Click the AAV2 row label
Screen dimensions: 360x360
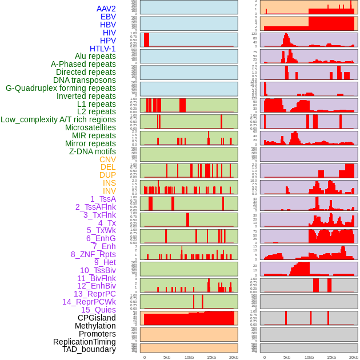[106, 9]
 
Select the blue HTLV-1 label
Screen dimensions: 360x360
[102, 49]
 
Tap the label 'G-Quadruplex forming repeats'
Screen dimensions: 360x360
[61, 88]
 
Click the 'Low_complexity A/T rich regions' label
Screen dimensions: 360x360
[58, 119]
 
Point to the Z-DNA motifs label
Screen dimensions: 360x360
[92, 151]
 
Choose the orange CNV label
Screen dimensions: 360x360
[107, 159]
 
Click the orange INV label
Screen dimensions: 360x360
[109, 191]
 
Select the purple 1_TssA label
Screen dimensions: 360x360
[103, 199]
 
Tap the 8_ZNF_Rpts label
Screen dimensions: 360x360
[93, 254]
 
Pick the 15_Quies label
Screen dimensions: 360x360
[98, 310]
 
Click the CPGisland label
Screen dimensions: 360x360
[97, 318]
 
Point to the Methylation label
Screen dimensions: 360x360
[95, 326]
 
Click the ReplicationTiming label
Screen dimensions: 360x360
[84, 342]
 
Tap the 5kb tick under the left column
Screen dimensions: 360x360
[167, 357]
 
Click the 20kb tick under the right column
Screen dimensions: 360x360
[354, 357]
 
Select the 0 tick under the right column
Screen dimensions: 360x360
[264, 357]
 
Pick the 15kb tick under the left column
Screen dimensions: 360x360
[211, 357]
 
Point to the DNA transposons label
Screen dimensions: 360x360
[85, 80]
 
